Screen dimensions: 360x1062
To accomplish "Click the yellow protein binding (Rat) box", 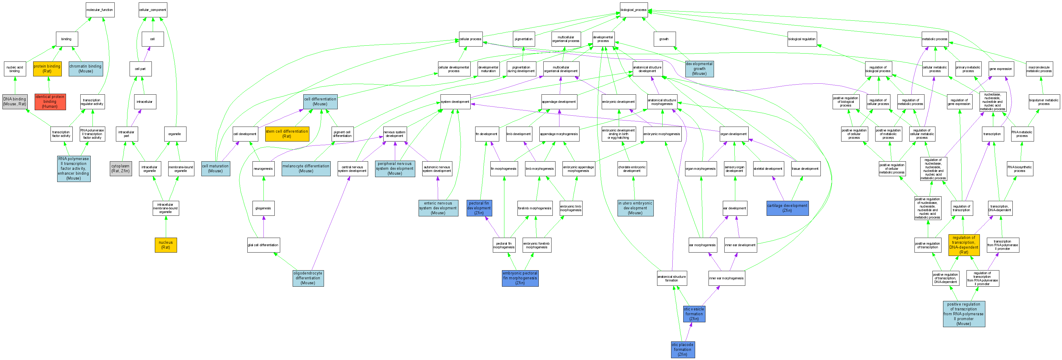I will click(47, 69).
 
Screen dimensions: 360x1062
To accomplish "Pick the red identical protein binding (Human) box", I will click(50, 101).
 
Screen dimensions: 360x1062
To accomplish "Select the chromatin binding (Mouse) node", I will click(85, 69).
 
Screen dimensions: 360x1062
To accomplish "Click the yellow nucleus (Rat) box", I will click(166, 245).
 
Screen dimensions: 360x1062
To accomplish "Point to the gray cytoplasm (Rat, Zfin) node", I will click(120, 169).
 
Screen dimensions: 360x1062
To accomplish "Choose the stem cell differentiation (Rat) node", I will click(287, 134).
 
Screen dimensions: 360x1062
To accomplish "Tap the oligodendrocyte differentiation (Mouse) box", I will click(308, 278).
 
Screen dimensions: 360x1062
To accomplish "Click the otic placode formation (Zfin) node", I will click(682, 349).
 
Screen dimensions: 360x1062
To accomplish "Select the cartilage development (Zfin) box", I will click(787, 208).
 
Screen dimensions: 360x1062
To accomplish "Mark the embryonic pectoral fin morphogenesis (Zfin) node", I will click(520, 278).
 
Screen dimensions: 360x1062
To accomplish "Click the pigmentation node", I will click(524, 39).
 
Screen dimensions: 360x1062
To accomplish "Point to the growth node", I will click(664, 39).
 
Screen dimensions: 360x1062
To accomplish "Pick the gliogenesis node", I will click(263, 208).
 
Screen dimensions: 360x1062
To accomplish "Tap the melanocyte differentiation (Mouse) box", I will click(306, 169).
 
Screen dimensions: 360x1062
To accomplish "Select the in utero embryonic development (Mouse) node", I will click(635, 208).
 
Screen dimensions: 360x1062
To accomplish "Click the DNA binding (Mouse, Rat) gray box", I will click(15, 101).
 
